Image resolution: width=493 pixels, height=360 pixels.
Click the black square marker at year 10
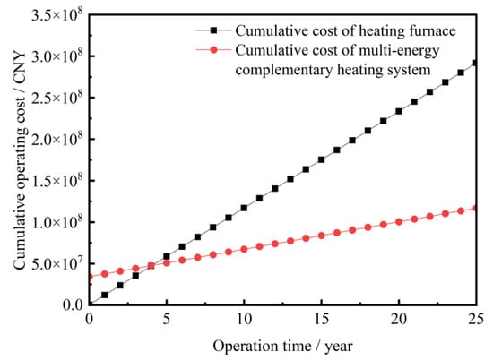[x=244, y=208]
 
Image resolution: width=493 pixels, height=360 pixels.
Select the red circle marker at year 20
[x=399, y=222]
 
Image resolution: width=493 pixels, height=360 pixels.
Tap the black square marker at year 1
[x=105, y=295]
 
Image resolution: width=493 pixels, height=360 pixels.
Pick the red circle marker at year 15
[x=321, y=236]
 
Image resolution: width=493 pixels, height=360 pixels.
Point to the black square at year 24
[x=461, y=73]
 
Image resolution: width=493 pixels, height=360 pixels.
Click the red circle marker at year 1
[x=105, y=274]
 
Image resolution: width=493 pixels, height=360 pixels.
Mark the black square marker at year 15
[x=321, y=159]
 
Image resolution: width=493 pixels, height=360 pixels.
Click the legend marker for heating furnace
[x=214, y=30]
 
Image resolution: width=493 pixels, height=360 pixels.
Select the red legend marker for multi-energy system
[x=214, y=49]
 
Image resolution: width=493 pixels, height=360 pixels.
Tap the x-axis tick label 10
[x=244, y=320]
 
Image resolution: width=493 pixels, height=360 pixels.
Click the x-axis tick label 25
[x=475, y=320]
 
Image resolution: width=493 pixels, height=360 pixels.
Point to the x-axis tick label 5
[x=167, y=320]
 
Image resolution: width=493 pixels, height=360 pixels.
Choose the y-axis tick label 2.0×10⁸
[x=58, y=138]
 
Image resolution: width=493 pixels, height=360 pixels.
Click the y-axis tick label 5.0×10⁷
[x=58, y=262]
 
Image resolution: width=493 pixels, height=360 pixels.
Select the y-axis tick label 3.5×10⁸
[x=58, y=14]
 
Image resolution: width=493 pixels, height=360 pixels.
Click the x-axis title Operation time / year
[x=283, y=347]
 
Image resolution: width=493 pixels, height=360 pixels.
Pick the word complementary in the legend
[x=284, y=70]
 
